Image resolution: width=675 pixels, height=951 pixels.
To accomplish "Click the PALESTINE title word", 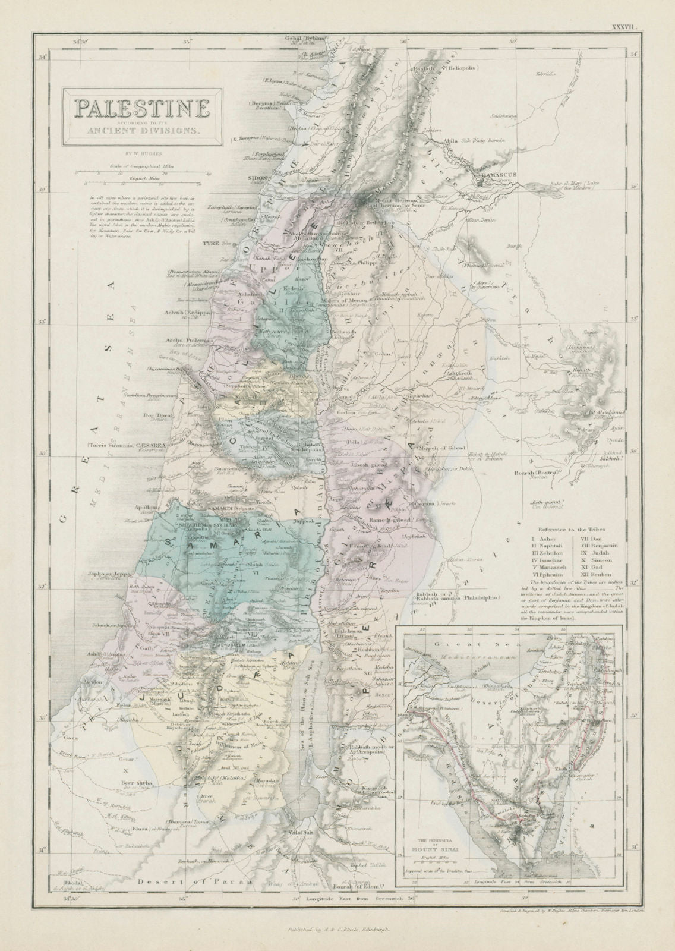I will click(x=141, y=109).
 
